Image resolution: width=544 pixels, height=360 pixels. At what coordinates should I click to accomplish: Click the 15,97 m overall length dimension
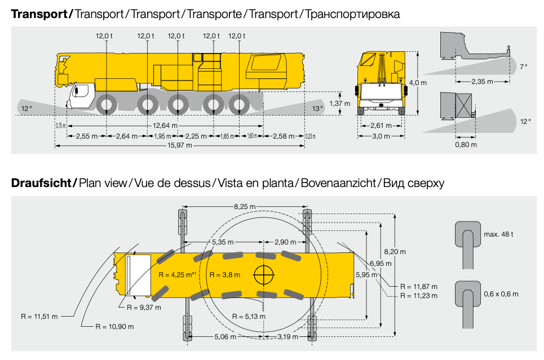[180, 145]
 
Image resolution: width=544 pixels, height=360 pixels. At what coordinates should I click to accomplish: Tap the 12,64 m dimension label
[165, 126]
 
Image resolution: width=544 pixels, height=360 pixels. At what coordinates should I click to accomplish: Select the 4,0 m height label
[418, 83]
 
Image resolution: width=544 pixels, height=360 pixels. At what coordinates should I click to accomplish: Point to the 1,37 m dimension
[340, 103]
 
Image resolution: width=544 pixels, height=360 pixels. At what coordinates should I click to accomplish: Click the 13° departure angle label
[317, 109]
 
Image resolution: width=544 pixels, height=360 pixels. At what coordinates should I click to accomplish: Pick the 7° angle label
[524, 66]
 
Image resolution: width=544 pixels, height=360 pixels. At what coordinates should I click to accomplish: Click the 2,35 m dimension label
[482, 82]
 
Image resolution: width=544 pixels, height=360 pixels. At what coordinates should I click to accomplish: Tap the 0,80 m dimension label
[466, 145]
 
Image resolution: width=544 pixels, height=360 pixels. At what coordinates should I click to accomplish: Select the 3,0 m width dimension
[381, 136]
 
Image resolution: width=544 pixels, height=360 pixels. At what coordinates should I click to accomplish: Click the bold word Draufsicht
[41, 183]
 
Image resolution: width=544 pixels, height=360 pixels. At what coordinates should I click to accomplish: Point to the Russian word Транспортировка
[352, 14]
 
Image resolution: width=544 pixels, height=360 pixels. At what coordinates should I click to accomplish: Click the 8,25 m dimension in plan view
[245, 207]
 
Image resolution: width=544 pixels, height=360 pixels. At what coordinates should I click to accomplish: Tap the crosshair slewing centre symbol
[264, 275]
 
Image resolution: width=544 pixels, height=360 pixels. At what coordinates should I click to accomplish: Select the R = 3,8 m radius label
[225, 275]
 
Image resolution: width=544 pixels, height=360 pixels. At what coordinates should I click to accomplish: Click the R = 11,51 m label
[39, 316]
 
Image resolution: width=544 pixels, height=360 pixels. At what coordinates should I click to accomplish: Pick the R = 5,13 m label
[249, 316]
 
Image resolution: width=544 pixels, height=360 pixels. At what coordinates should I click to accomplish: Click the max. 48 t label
[498, 234]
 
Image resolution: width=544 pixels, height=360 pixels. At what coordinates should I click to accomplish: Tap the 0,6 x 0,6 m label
[501, 294]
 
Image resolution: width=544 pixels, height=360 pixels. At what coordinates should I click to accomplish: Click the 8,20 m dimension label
[395, 252]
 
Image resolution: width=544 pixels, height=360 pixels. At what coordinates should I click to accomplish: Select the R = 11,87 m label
[419, 286]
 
